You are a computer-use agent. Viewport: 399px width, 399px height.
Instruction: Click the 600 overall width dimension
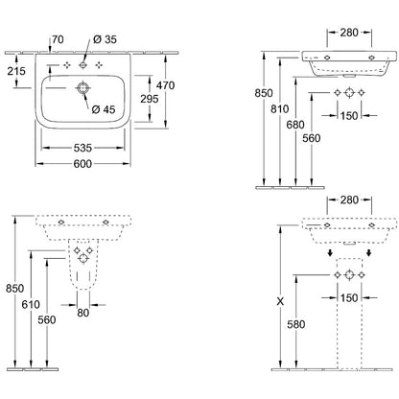(82, 164)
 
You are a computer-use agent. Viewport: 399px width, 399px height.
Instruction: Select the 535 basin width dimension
(82, 148)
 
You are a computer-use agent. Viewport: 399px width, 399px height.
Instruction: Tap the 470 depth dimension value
(166, 85)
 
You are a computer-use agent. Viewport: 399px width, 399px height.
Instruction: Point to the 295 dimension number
(150, 99)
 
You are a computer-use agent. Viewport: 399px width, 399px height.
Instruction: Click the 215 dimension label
(16, 71)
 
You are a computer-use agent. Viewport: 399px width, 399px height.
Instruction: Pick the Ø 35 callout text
(105, 39)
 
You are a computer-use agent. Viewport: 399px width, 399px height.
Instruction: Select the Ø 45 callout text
(104, 109)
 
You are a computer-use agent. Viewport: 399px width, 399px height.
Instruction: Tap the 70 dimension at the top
(58, 39)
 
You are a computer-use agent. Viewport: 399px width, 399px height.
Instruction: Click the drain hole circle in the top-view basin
(83, 88)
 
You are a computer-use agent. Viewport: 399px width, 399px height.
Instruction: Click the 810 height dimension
(280, 109)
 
